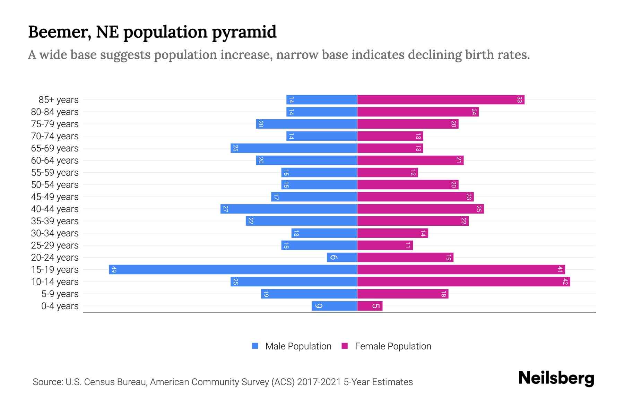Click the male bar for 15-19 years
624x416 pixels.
(x=233, y=270)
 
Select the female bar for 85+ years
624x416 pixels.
(x=440, y=100)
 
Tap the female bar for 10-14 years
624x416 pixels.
(x=463, y=282)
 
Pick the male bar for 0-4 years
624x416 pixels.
(x=335, y=306)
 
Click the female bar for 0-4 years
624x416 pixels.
(x=370, y=306)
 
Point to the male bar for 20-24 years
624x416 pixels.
(x=342, y=258)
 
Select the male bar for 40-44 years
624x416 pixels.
(x=289, y=209)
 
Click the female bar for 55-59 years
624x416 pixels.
(x=387, y=173)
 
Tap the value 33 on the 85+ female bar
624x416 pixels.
(x=519, y=100)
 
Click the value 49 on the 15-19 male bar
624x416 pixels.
(x=114, y=270)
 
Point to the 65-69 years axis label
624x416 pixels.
(x=55, y=148)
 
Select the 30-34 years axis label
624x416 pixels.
(x=55, y=233)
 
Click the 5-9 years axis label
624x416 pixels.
(x=60, y=294)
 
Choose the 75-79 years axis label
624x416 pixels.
(x=55, y=124)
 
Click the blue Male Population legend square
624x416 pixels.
(x=255, y=346)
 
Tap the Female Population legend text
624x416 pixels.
(x=393, y=346)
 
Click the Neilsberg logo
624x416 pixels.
(x=556, y=378)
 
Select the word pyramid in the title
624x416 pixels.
(x=244, y=32)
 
